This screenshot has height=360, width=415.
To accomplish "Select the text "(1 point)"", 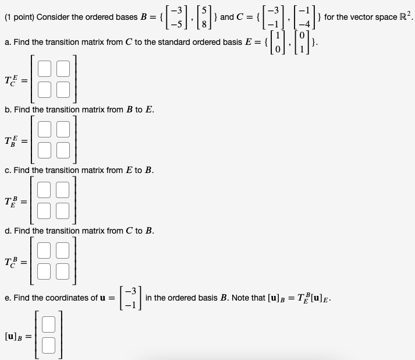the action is (19, 17).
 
